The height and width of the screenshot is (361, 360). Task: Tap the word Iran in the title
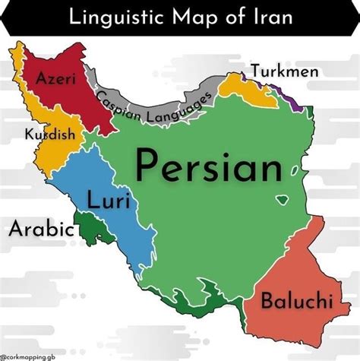click(x=271, y=17)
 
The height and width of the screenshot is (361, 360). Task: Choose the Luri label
click(x=108, y=201)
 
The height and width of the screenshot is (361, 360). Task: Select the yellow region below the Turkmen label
click(x=243, y=90)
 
